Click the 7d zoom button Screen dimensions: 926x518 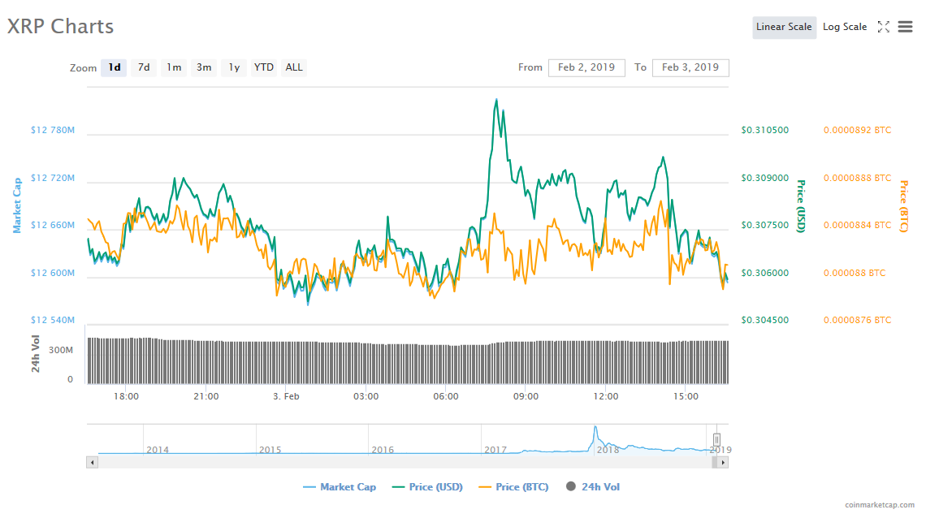[144, 67]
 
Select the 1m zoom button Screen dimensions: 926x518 [174, 67]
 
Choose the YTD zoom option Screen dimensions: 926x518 [263, 67]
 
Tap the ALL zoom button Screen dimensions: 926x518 [294, 67]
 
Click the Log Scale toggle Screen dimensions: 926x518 [845, 27]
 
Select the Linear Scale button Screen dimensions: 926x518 [785, 27]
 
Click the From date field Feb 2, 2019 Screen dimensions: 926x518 [586, 67]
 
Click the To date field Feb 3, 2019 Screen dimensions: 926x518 [690, 67]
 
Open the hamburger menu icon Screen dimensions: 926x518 [906, 27]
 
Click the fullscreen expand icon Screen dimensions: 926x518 [884, 27]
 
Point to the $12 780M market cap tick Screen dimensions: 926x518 [53, 131]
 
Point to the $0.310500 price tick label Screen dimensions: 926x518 [765, 131]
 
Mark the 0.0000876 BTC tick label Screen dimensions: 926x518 [858, 321]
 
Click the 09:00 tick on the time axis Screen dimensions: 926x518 [526, 396]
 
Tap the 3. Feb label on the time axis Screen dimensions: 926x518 [286, 396]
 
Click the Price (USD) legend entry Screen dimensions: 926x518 [427, 487]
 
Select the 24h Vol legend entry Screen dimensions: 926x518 [593, 487]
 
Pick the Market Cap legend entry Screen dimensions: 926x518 [340, 487]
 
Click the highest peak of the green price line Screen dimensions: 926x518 [496, 100]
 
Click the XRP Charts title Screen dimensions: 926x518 [60, 27]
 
